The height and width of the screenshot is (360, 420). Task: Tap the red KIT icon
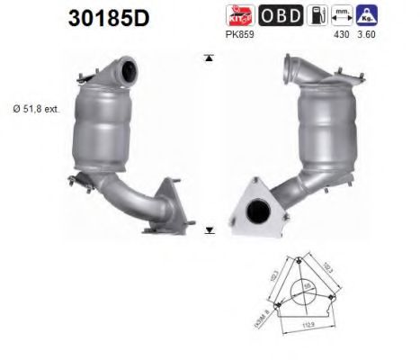pos(242,16)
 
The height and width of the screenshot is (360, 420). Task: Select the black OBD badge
pos(281,16)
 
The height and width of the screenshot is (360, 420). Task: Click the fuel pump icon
pos(317,16)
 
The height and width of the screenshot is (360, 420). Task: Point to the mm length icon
pos(342,16)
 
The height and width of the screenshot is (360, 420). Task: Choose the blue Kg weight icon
pos(367,16)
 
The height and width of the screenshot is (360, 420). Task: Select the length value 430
pos(341,36)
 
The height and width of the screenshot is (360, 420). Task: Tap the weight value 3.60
pos(367,36)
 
